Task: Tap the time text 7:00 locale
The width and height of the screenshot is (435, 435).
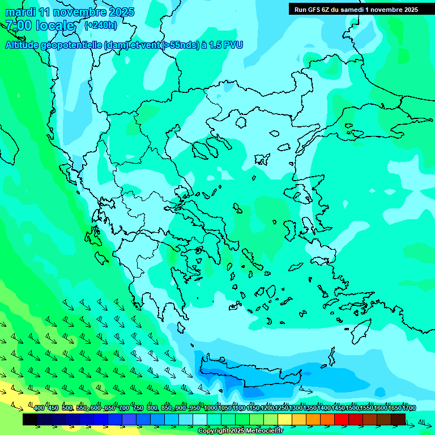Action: pos(40,25)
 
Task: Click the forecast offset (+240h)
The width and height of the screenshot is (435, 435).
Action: pos(101,25)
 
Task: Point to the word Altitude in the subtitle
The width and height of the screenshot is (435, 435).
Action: pos(25,45)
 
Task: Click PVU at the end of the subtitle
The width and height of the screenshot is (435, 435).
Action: pos(232,45)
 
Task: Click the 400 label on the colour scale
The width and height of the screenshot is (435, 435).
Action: pos(39,408)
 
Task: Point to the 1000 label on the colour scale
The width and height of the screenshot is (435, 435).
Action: pos(211,408)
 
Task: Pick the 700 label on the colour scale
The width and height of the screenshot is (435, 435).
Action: pos(123,408)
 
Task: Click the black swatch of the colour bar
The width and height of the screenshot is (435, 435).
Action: pos(30,419)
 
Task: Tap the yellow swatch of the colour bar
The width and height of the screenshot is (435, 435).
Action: pos(285,419)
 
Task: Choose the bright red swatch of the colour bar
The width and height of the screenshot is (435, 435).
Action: pos(342,419)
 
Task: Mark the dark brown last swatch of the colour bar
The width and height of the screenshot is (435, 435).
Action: pos(398,419)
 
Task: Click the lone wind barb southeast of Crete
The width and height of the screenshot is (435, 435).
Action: pos(306,390)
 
